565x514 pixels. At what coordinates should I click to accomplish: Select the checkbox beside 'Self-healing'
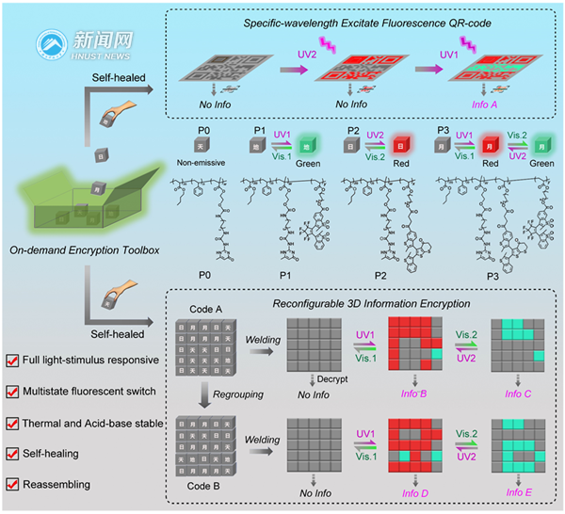tap(13, 455)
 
